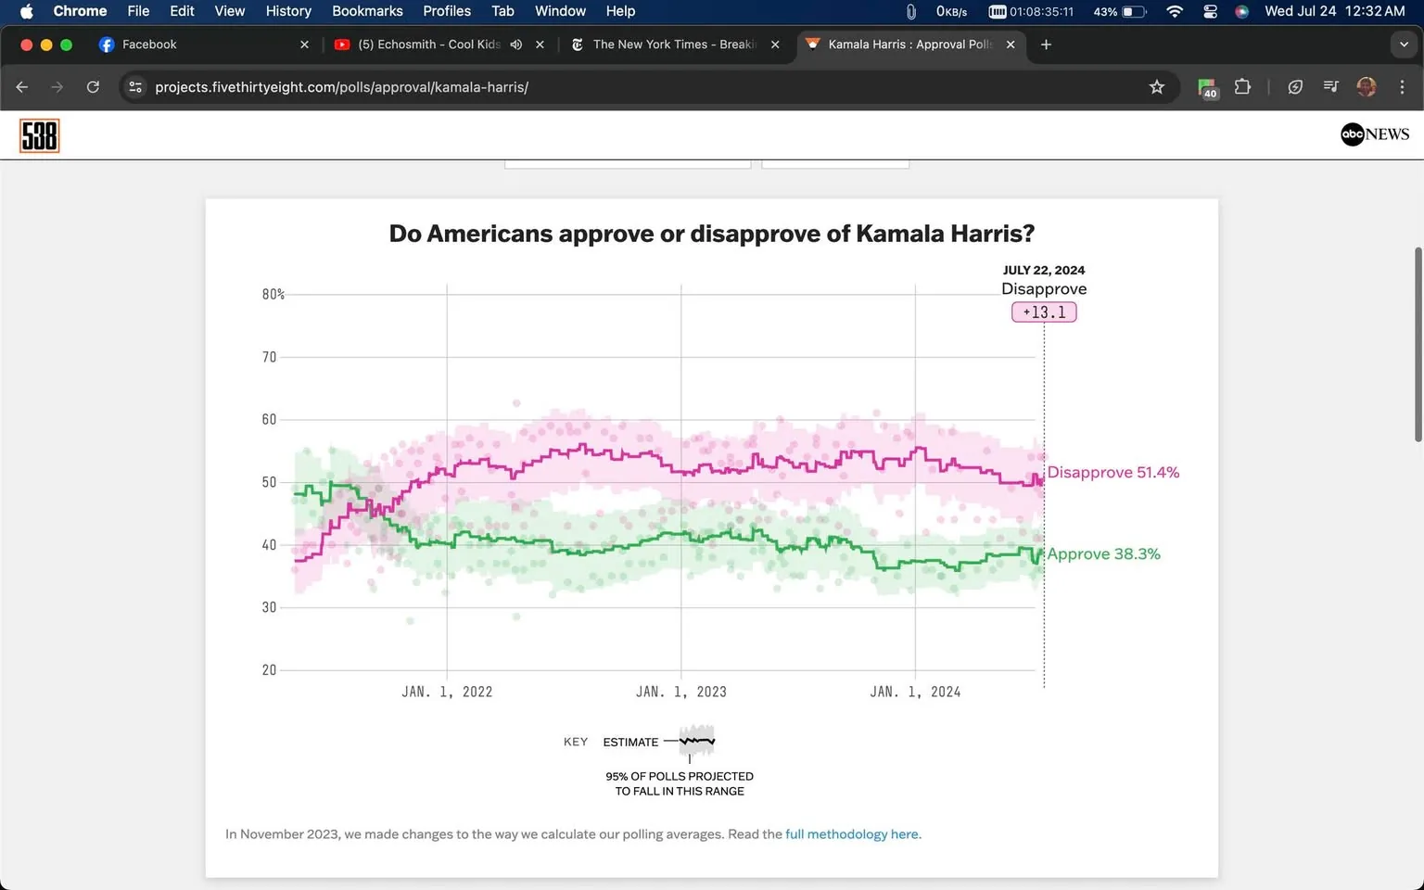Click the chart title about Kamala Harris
pos(711,234)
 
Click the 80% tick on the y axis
pos(273,294)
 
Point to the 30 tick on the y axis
pos(269,607)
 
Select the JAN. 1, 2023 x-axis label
pos(680,692)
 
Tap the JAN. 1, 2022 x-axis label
pos(447,692)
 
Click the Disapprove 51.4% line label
pos(1112,473)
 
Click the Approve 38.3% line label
pos(1103,554)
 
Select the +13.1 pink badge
pos(1044,312)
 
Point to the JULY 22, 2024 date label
pos(1044,270)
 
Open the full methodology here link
pos(852,834)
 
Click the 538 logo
pos(39,136)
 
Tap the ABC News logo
pos(1374,134)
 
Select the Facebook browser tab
pos(148,44)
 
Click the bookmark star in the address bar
pos(1156,87)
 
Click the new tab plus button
pos(1046,44)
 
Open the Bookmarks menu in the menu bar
pos(367,11)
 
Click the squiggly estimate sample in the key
pos(696,742)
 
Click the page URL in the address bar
pos(341,87)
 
